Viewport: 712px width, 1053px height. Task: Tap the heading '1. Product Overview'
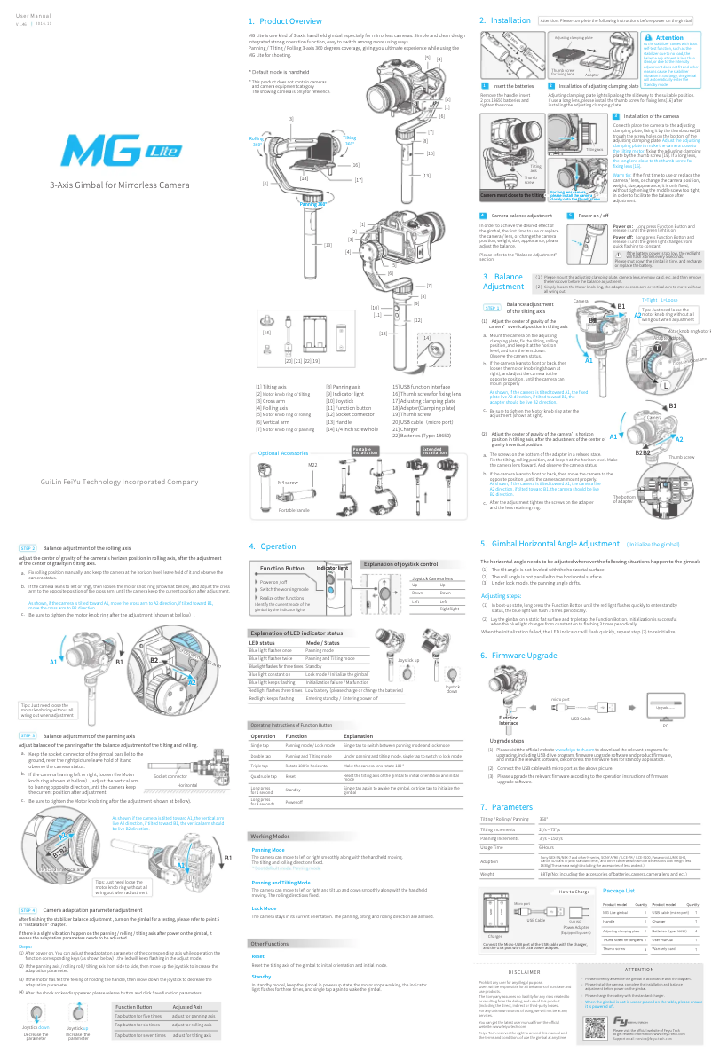pyautogui.click(x=285, y=20)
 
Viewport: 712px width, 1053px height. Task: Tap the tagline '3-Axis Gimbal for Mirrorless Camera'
pyautogui.click(x=119, y=185)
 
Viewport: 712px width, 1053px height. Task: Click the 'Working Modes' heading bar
pyautogui.click(x=271, y=837)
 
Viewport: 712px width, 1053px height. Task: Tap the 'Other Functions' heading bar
pyautogui.click(x=271, y=943)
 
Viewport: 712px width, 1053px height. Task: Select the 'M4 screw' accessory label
pyautogui.click(x=287, y=482)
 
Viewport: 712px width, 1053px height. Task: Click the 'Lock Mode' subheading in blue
pyautogui.click(x=264, y=908)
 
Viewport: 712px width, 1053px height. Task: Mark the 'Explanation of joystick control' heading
pyautogui.click(x=412, y=563)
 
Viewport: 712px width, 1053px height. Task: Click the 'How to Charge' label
pyautogui.click(x=550, y=890)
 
